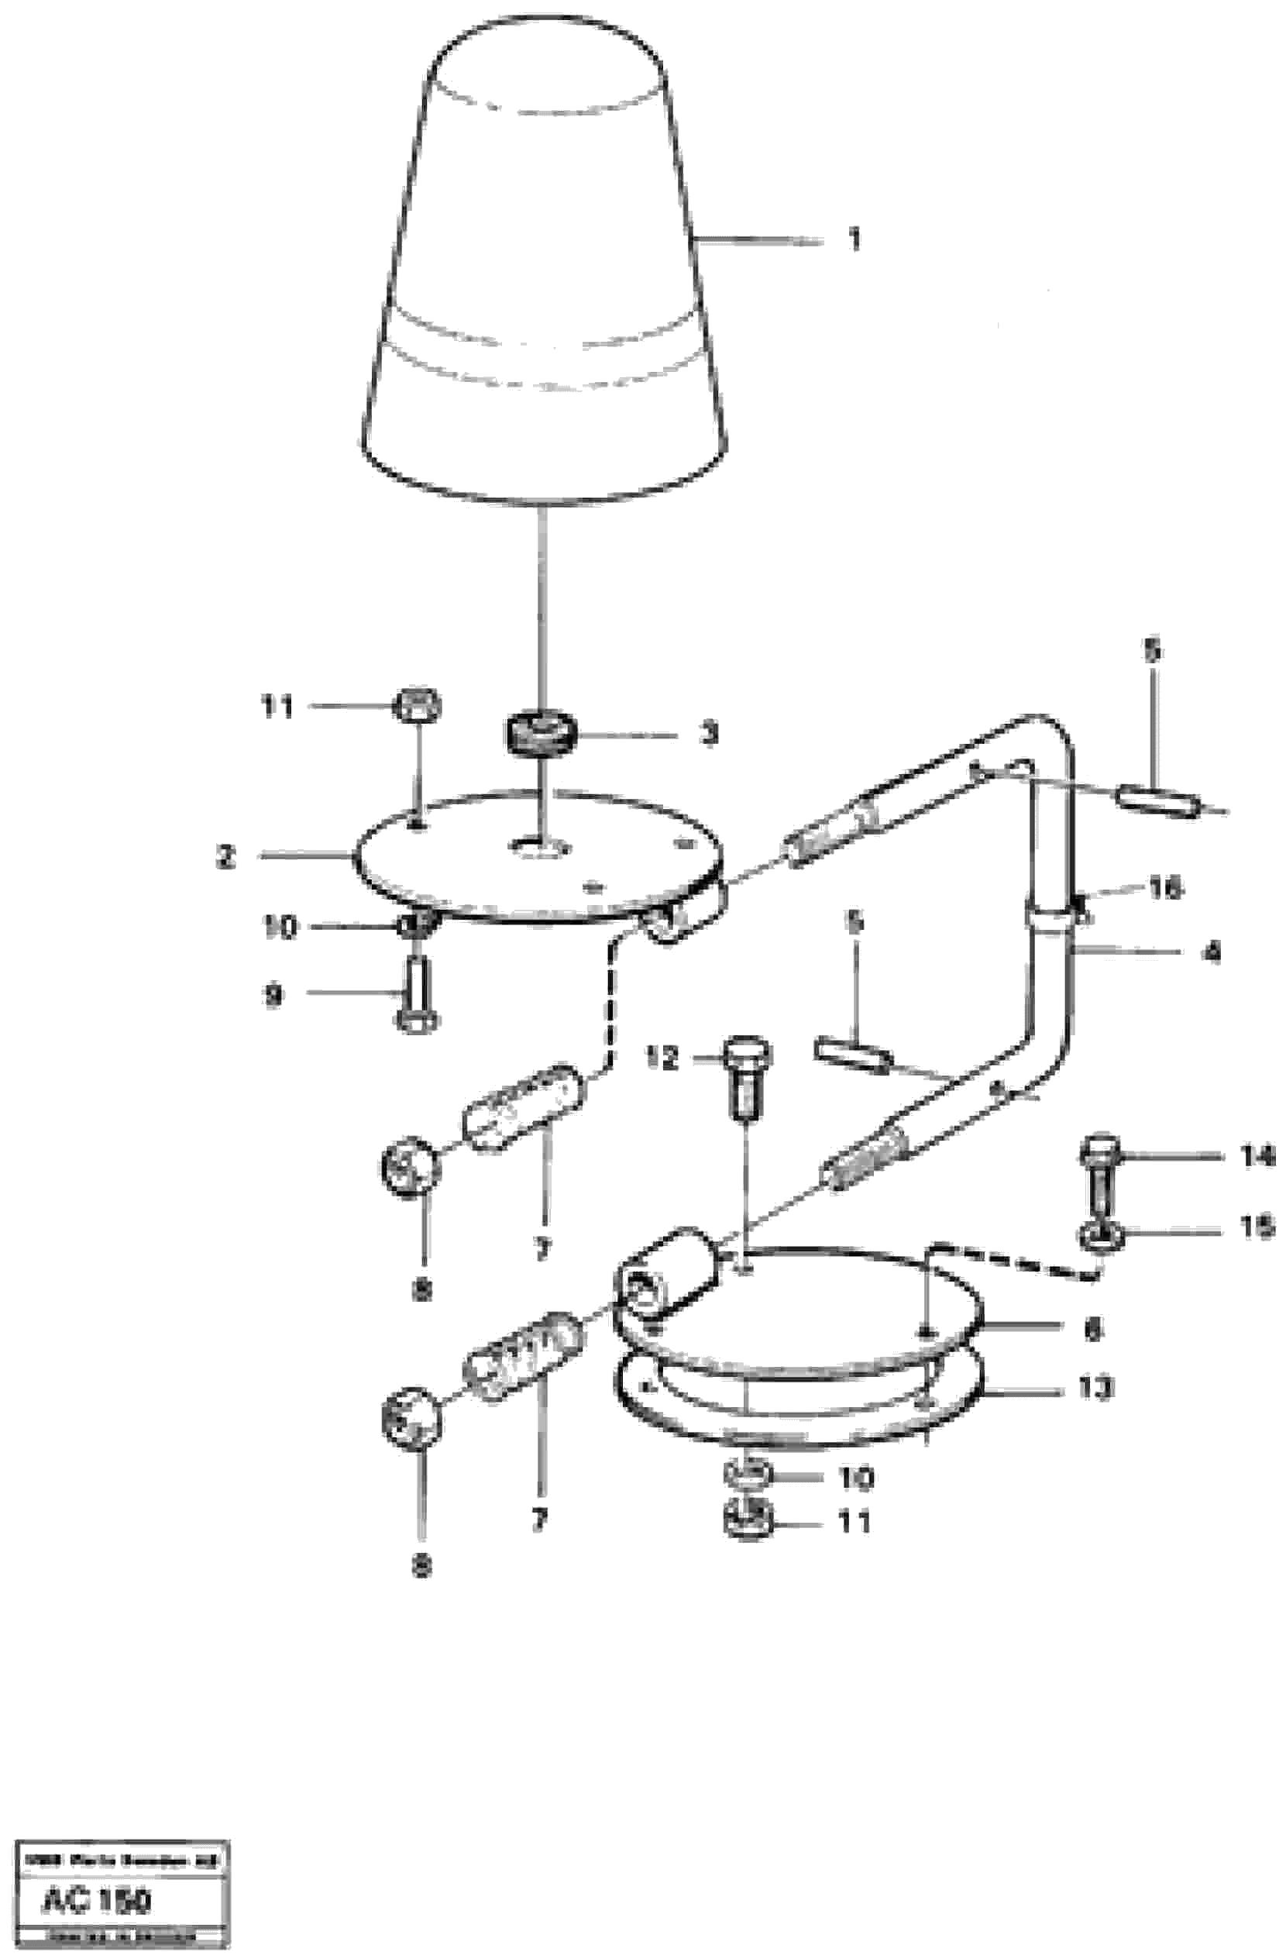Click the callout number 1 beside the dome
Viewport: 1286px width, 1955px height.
854,241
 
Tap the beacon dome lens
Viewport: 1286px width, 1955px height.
544,271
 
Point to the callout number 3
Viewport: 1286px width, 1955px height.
708,733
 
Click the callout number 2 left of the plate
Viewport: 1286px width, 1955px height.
226,857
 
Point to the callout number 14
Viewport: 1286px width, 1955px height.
1256,1157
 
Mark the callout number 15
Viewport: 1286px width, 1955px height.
1256,1227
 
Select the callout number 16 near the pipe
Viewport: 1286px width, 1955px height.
1164,887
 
